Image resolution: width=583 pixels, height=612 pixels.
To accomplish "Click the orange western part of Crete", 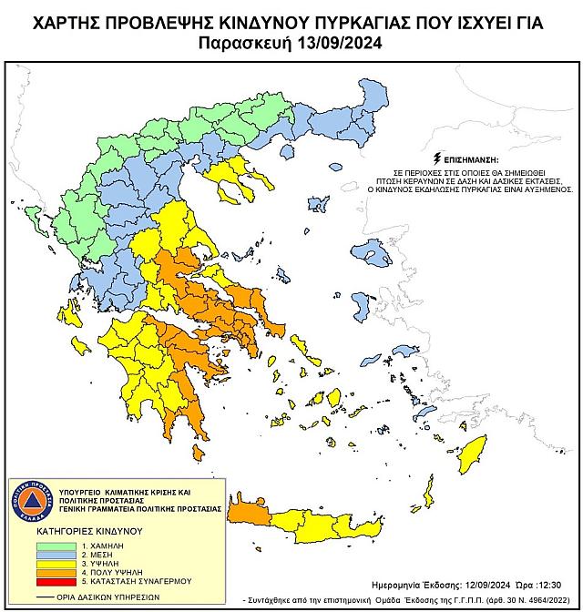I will point(249,515).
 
